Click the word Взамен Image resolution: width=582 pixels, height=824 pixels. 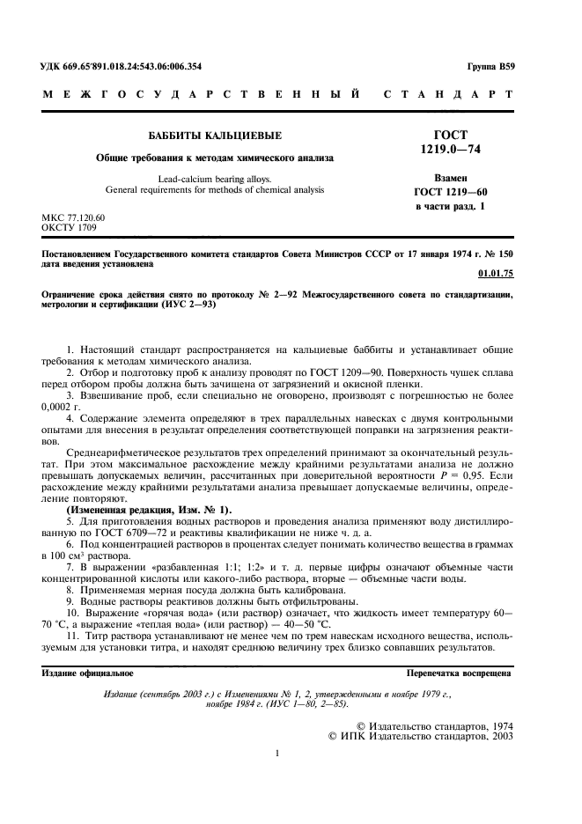pyautogui.click(x=450, y=178)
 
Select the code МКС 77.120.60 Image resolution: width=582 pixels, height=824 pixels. pyautogui.click(x=73, y=217)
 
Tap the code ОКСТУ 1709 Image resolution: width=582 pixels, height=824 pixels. pyautogui.click(x=69, y=226)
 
